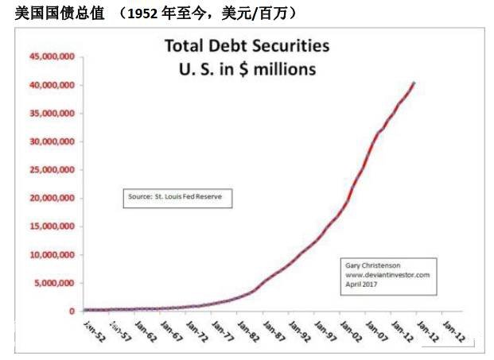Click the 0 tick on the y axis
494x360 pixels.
[x=71, y=312]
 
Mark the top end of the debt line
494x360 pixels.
[x=413, y=83]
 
